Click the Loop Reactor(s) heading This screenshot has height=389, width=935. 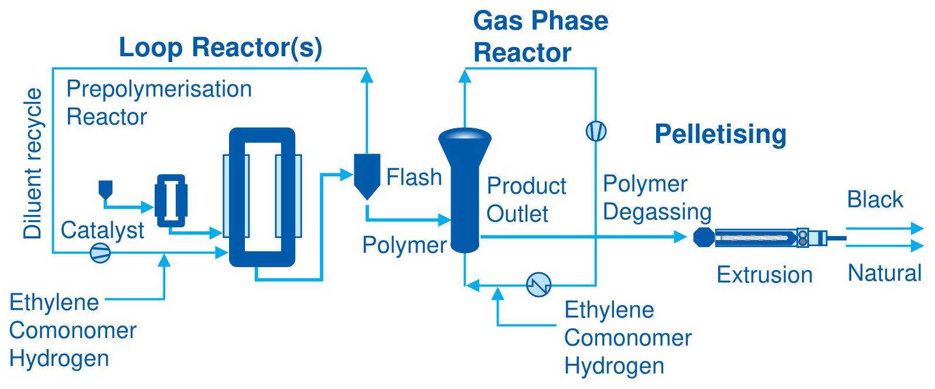tap(220, 47)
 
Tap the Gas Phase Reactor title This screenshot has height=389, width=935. tap(540, 36)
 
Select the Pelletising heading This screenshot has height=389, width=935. tap(720, 134)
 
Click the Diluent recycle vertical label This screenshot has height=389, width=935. tap(33, 163)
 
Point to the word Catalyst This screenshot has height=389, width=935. tap(102, 230)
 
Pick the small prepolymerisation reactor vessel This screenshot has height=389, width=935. tap(170, 200)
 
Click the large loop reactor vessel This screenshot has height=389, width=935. tap(262, 197)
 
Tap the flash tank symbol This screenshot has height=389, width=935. tap(367, 175)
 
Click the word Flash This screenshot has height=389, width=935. tap(414, 177)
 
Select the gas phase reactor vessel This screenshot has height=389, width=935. tap(465, 187)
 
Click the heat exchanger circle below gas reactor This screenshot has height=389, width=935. tap(538, 285)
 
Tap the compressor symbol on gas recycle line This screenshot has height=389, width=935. tap(596, 131)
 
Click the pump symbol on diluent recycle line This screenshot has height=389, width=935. tap(100, 253)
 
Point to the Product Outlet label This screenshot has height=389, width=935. tap(526, 200)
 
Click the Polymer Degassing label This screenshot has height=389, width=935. tap(657, 197)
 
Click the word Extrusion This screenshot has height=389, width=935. tap(765, 275)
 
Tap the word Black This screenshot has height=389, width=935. tap(875, 200)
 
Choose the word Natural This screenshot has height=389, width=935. tap(885, 273)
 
